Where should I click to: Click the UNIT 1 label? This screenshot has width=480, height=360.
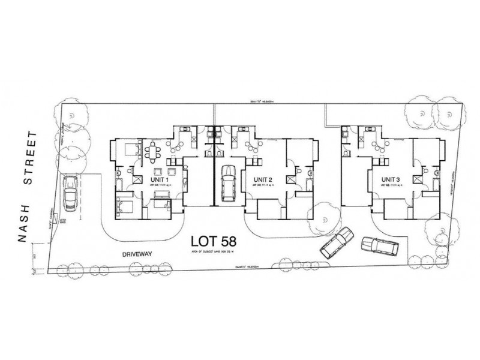tap(159, 179)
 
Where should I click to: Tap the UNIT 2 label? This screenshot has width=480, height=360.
tap(263, 179)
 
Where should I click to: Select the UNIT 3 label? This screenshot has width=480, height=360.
tap(392, 179)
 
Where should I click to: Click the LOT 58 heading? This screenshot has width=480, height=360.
tap(213, 241)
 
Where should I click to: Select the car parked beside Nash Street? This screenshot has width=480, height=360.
tap(70, 192)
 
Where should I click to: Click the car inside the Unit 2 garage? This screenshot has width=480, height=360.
tap(228, 183)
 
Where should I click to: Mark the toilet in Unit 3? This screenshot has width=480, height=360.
tap(425, 172)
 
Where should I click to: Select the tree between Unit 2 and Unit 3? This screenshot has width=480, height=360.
tap(325, 211)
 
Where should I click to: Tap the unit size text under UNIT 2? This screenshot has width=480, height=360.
tap(263, 187)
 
